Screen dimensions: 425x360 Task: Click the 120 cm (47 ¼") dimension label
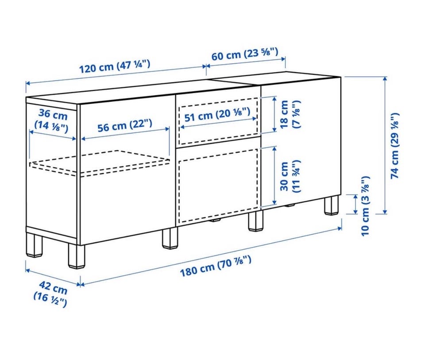coord(114,67)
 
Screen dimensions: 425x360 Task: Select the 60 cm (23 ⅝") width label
coord(245,54)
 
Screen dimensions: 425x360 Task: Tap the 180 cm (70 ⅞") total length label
coord(216,266)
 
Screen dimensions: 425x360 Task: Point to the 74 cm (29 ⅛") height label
coord(395,146)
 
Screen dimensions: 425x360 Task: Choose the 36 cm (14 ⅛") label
coord(51,120)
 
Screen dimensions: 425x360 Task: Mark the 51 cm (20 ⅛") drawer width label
coord(217,114)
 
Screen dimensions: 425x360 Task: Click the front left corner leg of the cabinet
coord(77,256)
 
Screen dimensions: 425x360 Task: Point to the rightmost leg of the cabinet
coord(331,206)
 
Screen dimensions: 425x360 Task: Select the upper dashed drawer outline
coord(218,121)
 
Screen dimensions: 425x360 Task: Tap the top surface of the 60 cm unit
coord(275,78)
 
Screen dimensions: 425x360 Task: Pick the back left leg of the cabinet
coord(35,244)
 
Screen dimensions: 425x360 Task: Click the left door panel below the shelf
coord(127,206)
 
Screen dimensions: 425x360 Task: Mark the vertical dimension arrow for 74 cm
coord(385,145)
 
